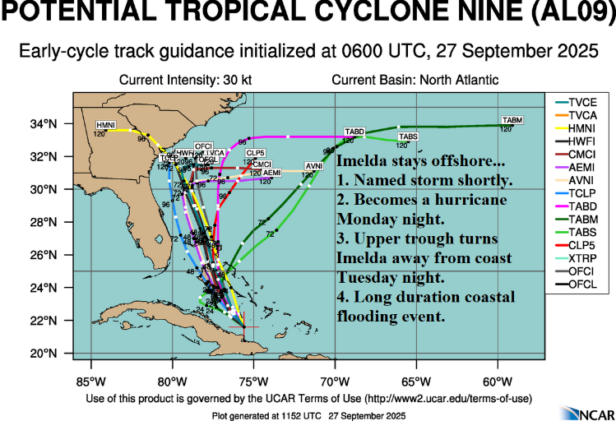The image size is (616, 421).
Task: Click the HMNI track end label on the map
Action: (x=106, y=124)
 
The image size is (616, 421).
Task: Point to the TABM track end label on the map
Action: (x=512, y=120)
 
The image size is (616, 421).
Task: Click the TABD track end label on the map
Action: (x=354, y=132)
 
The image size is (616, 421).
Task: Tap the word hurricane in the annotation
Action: (x=475, y=200)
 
